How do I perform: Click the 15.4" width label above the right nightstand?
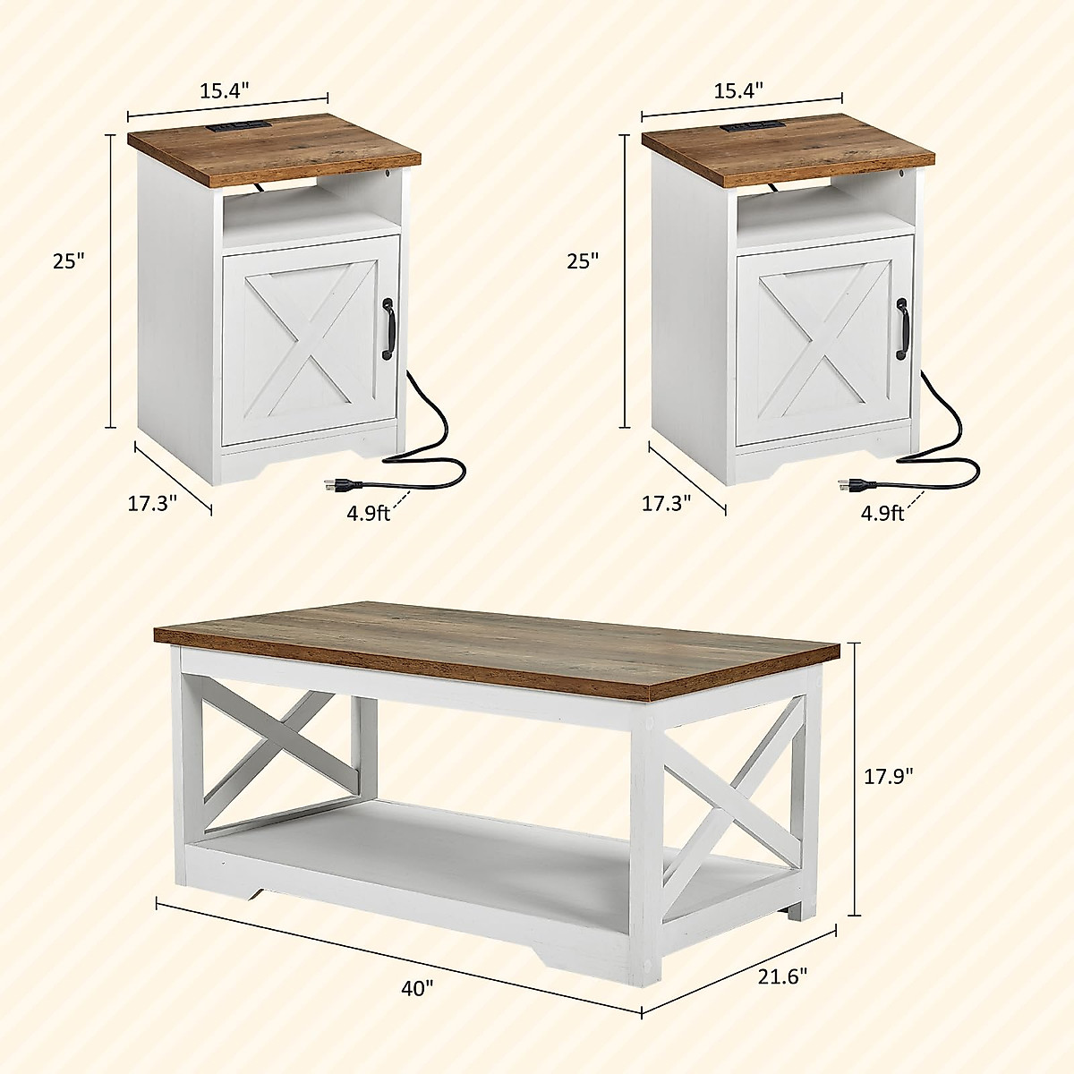pyautogui.click(x=738, y=89)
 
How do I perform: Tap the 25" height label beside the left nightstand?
pyautogui.click(x=68, y=261)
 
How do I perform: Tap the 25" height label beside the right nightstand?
pyautogui.click(x=583, y=261)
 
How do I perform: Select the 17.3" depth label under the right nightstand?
pyautogui.click(x=667, y=503)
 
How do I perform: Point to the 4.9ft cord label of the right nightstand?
pyautogui.click(x=882, y=513)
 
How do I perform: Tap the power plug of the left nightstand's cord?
pyautogui.click(x=341, y=486)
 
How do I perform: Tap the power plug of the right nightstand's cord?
pyautogui.click(x=855, y=486)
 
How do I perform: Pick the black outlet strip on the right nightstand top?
pyautogui.click(x=750, y=128)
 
